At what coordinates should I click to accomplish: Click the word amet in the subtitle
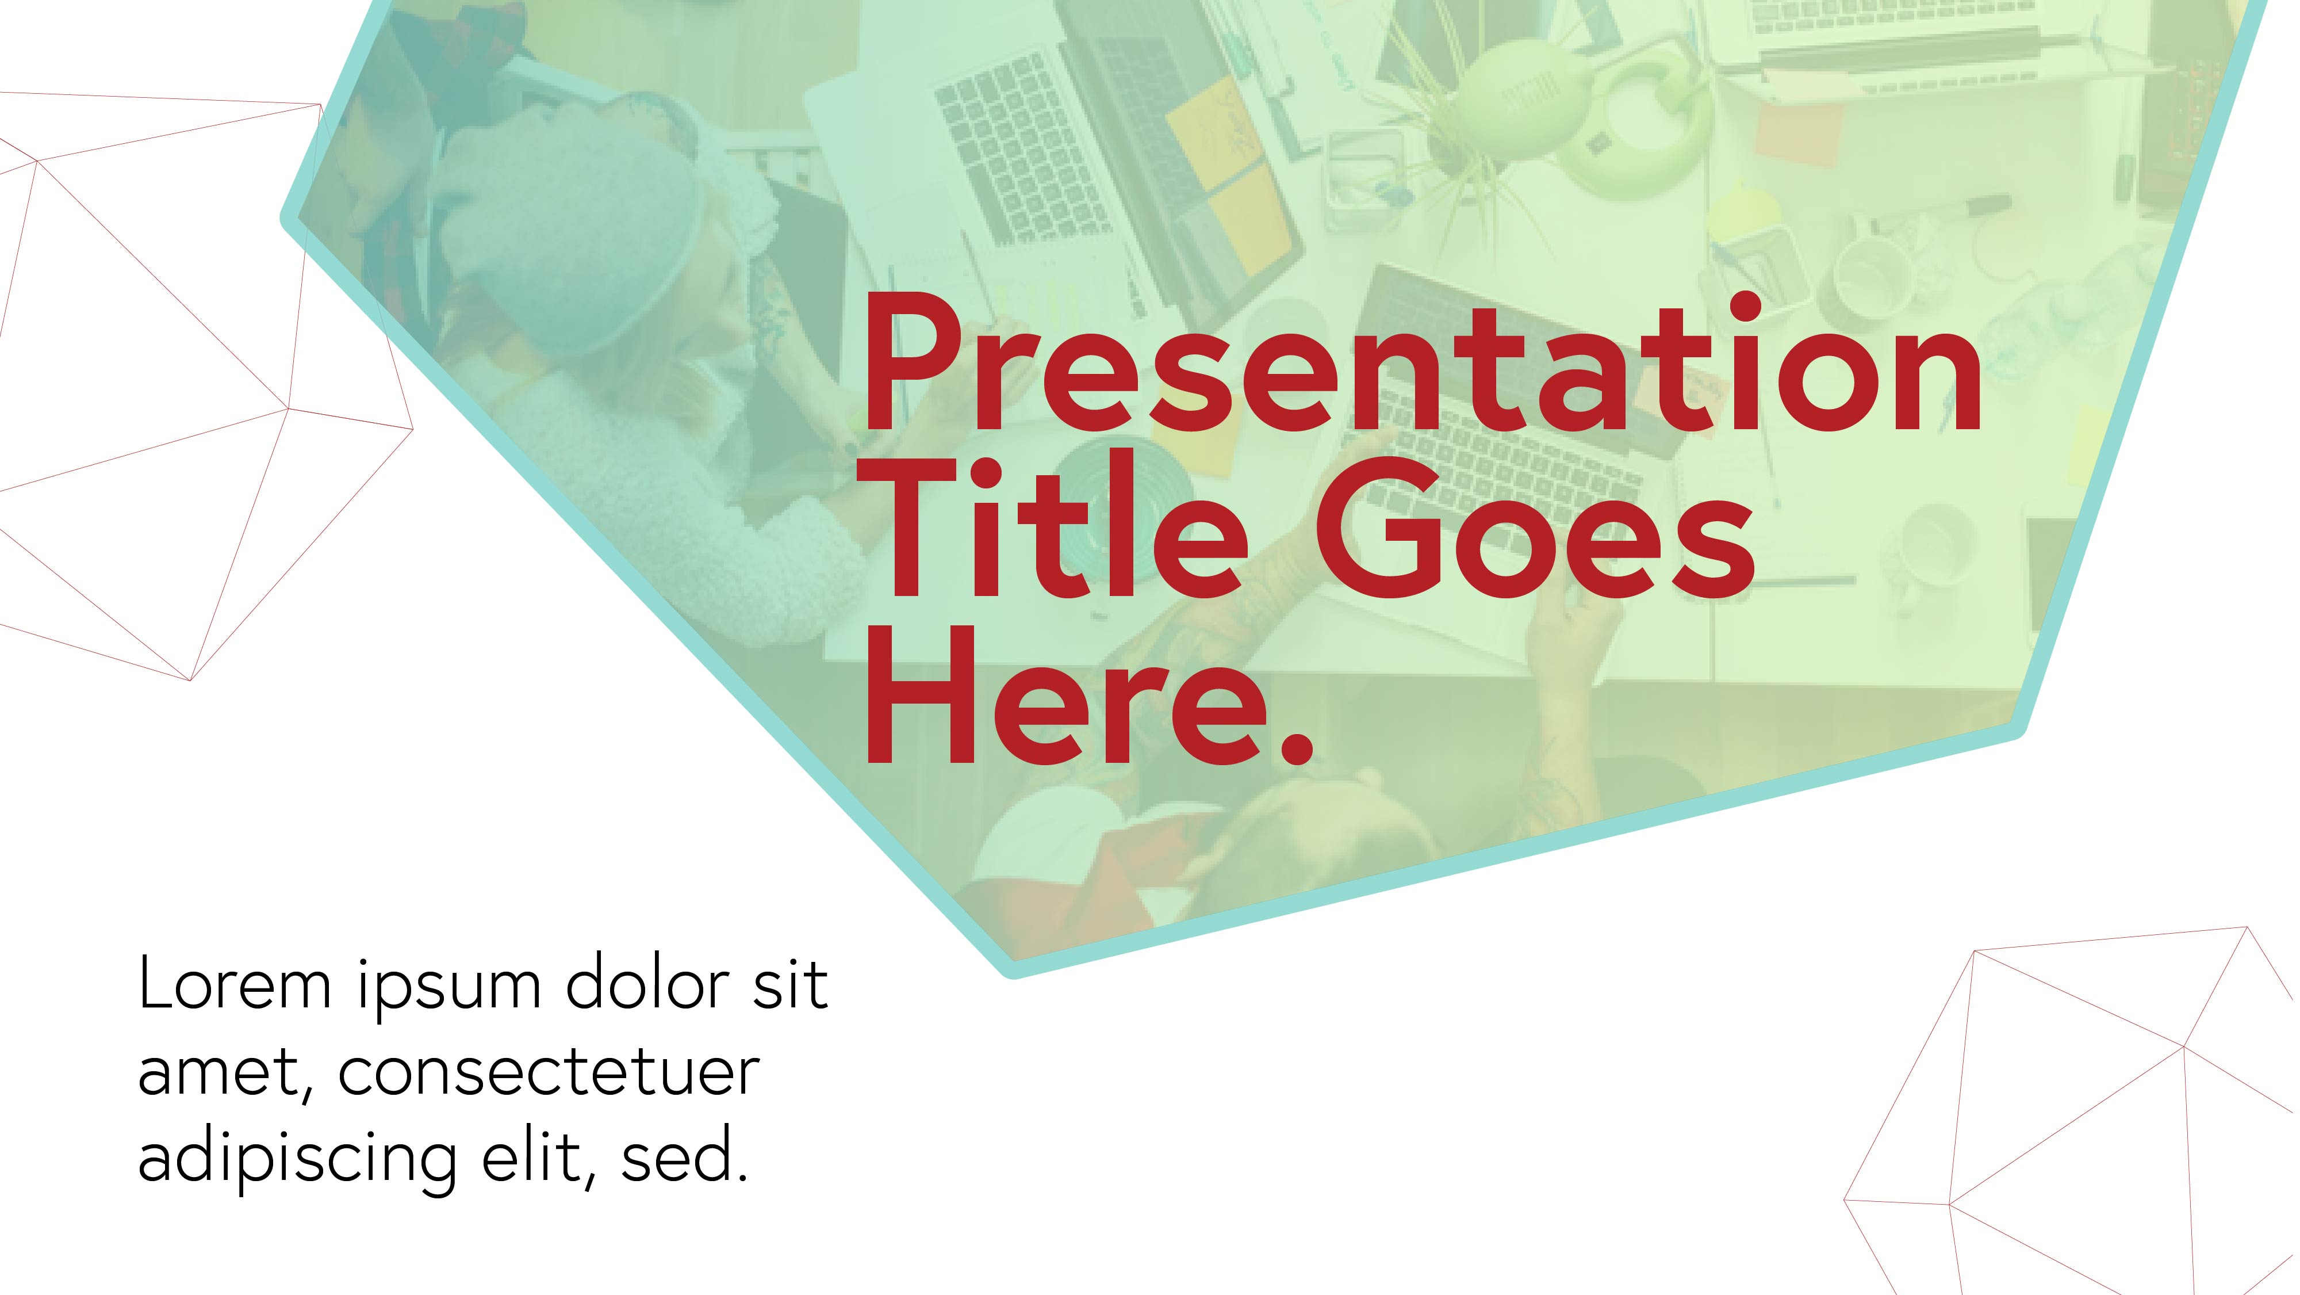tap(227, 1075)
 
